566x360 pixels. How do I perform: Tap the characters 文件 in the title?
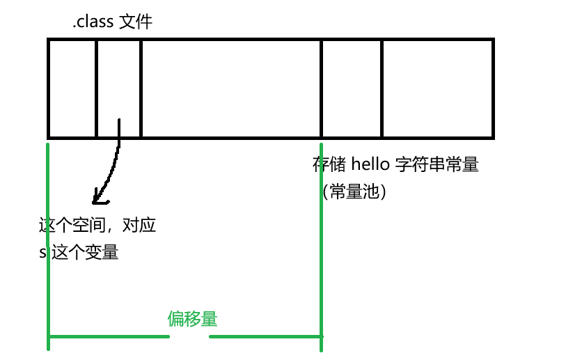(136, 23)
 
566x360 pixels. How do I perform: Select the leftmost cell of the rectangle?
(72, 87)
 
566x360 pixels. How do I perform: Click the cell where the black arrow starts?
(118, 87)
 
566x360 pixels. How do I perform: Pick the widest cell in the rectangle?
(230, 87)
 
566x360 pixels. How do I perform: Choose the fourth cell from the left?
(352, 87)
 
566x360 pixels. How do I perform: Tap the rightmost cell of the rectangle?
(437, 87)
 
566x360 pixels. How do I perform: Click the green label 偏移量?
(192, 319)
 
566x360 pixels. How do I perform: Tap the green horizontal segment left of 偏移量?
(108, 337)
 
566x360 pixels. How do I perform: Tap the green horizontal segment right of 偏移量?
(266, 337)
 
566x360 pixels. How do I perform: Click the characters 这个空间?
(70, 226)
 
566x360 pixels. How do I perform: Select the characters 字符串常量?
(437, 166)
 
